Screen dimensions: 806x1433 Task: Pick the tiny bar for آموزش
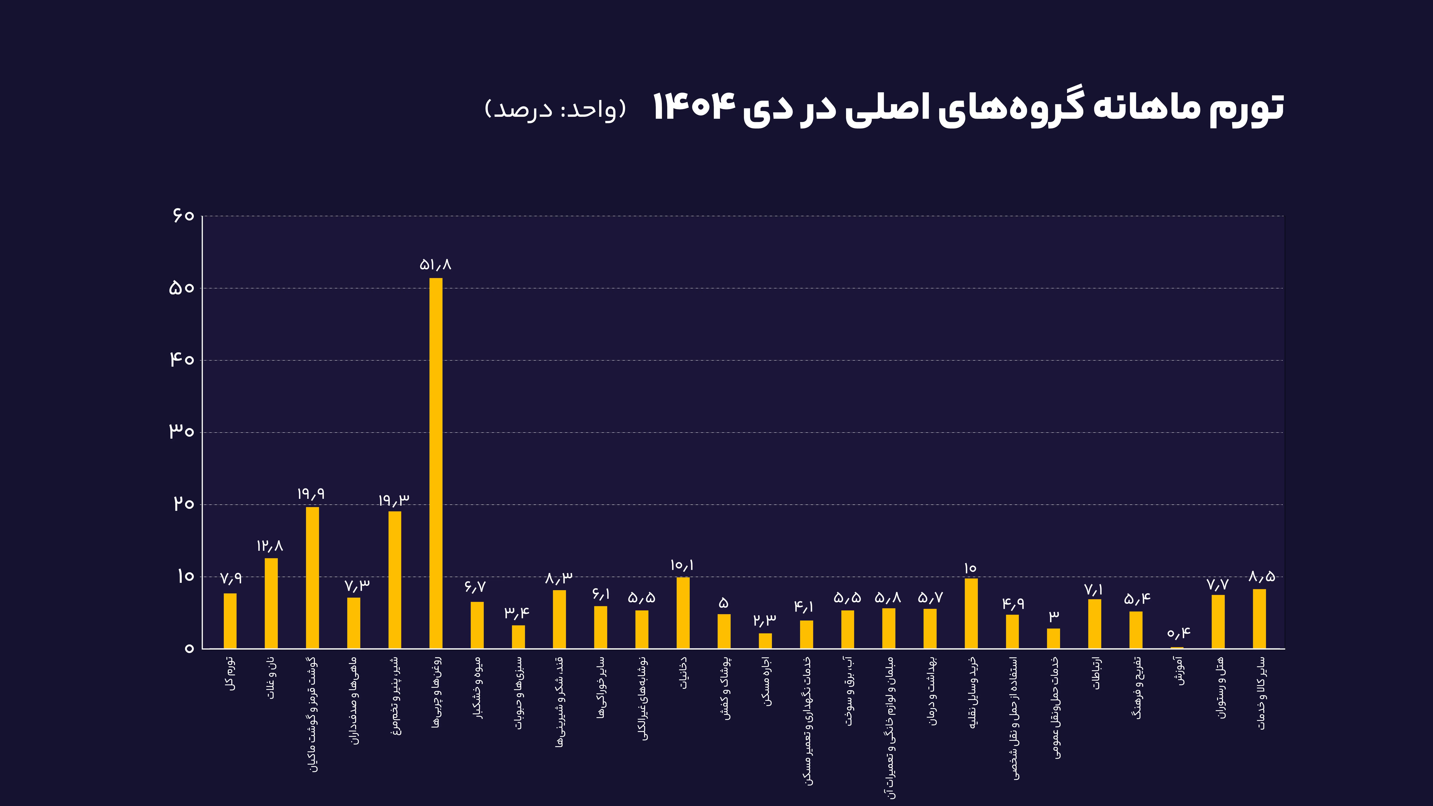click(x=1177, y=647)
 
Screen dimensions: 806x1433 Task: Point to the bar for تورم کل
click(x=230, y=621)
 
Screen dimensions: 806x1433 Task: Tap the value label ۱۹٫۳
click(x=394, y=500)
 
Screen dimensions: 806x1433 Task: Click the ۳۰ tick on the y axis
click(x=181, y=432)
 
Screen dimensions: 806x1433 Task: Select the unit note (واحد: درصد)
click(x=555, y=109)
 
